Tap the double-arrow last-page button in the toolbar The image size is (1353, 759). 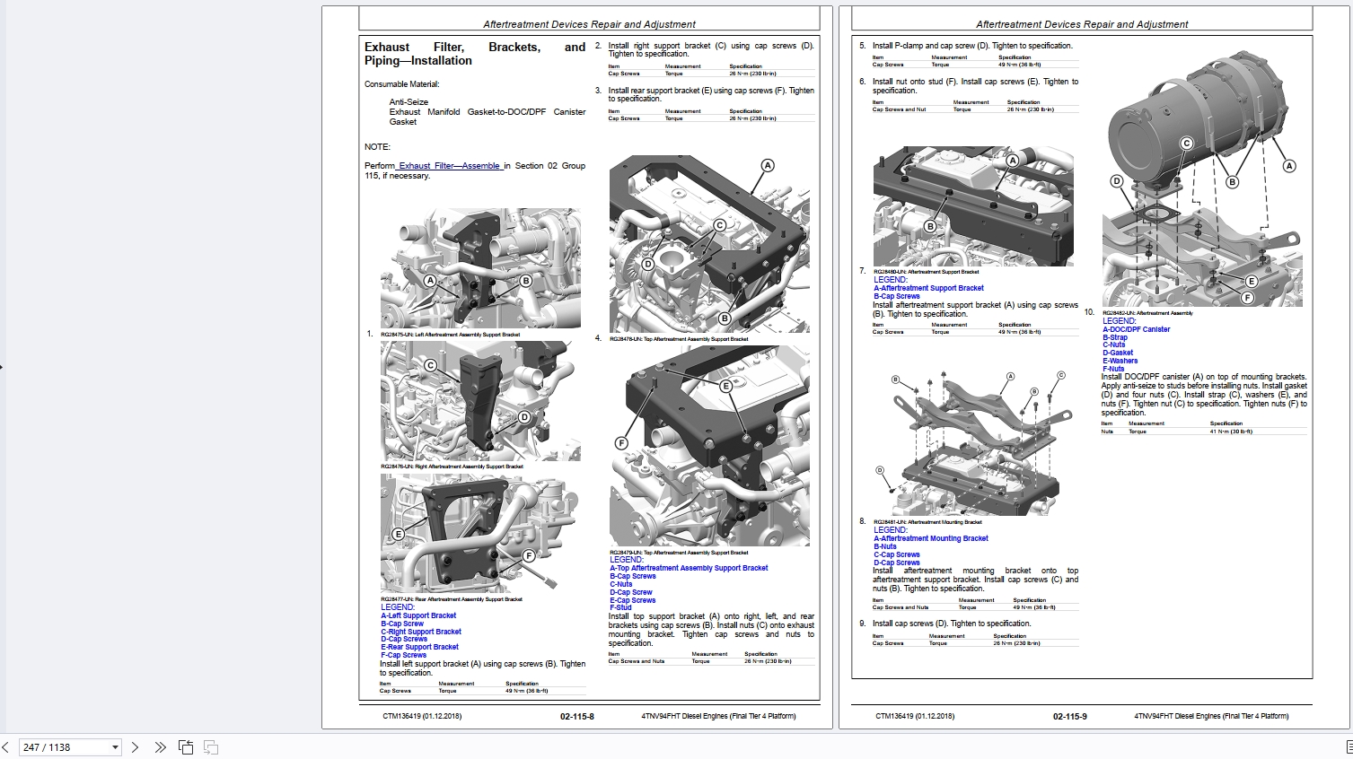pos(160,747)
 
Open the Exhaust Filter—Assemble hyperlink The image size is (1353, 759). pos(449,166)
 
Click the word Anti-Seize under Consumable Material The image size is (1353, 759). pos(409,102)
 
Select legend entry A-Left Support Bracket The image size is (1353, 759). pos(418,616)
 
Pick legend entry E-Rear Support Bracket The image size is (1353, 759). pos(419,647)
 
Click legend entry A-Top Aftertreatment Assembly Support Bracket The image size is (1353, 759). pos(689,568)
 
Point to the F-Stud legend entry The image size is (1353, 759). pos(620,607)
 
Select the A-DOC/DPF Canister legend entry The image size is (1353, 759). pos(1136,329)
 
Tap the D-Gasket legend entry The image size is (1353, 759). pos(1118,353)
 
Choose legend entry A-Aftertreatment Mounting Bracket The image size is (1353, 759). pos(931,538)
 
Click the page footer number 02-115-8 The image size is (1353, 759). pos(576,716)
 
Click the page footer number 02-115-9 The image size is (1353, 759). pos(1069,716)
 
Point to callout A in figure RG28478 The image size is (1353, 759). pos(768,165)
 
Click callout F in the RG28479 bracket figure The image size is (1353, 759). pos(620,443)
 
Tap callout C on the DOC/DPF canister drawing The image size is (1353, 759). pos(1186,144)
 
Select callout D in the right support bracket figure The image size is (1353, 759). pos(524,417)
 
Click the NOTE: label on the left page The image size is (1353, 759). pos(377,147)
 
